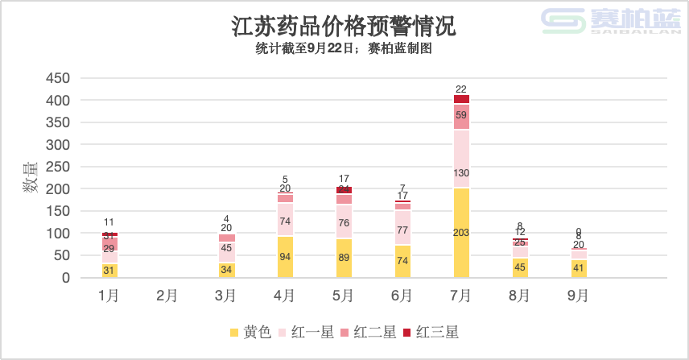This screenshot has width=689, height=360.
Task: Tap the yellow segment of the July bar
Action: coord(461,233)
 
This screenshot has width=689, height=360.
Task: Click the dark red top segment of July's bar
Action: coord(461,98)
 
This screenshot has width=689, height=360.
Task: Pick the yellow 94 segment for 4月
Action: coord(285,257)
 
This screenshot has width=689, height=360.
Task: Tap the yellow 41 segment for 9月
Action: coord(579,268)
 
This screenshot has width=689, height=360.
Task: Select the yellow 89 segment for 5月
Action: coord(344,258)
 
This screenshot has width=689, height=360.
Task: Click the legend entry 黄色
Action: coord(250,333)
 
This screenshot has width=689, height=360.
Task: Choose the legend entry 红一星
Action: coord(305,333)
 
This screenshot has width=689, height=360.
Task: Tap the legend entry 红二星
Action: coord(369,333)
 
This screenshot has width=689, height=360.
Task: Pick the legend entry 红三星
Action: coord(431,333)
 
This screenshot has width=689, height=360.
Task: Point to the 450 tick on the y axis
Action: coord(58,78)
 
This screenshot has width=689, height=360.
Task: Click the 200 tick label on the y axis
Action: coord(58,189)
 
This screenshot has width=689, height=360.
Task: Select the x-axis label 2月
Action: coord(167,296)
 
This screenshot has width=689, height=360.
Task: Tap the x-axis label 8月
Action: coord(520,296)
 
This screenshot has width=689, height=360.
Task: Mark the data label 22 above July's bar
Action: coord(461,89)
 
